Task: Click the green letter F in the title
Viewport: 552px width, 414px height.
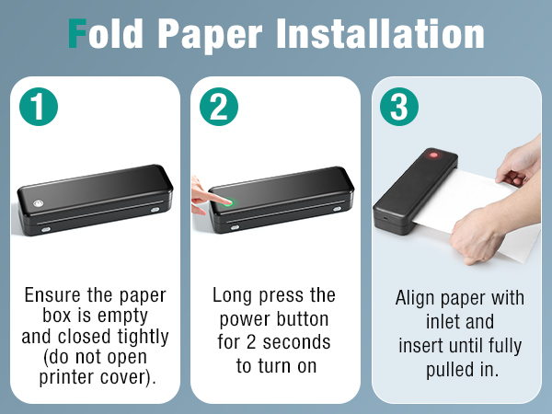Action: pyautogui.click(x=81, y=34)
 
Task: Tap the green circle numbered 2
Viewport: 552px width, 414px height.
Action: pyautogui.click(x=219, y=107)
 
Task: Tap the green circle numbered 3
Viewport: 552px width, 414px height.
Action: pyautogui.click(x=398, y=107)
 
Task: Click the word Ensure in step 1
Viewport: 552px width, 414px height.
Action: pyautogui.click(x=52, y=296)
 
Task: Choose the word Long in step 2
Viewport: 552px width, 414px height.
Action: pyautogui.click(x=231, y=296)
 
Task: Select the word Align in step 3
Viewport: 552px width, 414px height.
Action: pyautogui.click(x=415, y=299)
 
